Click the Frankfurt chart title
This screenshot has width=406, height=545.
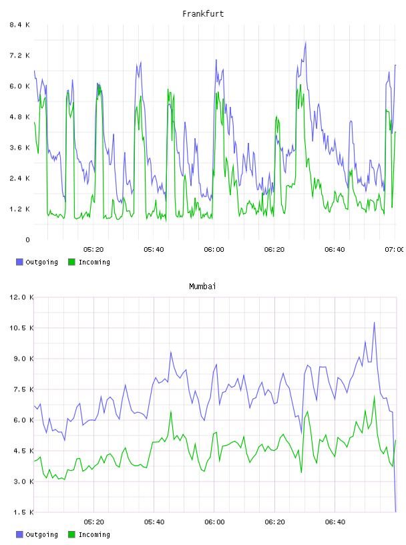tap(203, 14)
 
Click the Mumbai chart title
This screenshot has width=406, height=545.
tap(202, 287)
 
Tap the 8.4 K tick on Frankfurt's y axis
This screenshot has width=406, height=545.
tap(19, 25)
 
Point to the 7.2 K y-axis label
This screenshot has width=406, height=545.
tap(19, 55)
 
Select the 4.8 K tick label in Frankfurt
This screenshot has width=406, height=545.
tap(19, 117)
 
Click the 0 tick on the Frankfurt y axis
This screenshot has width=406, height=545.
tap(27, 240)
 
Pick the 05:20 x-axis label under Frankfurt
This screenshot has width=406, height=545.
tap(93, 250)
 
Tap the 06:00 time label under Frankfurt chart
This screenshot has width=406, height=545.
tap(214, 250)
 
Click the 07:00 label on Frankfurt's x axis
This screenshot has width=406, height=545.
tap(394, 250)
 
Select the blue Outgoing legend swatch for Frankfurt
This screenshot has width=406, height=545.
tap(19, 262)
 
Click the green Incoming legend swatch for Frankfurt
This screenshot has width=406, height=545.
tap(71, 262)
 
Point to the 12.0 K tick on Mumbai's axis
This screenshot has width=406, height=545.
tap(21, 297)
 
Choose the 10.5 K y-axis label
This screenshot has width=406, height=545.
tap(21, 328)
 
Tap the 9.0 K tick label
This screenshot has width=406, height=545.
tap(23, 359)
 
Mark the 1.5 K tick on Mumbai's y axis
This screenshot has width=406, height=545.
tap(23, 512)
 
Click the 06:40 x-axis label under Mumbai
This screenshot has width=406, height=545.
tap(335, 522)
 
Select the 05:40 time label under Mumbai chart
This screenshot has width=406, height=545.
tap(154, 522)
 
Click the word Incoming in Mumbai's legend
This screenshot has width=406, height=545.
tap(94, 534)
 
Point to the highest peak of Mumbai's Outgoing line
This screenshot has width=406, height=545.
tap(375, 322)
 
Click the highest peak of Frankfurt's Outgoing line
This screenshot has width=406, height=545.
tap(306, 42)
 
